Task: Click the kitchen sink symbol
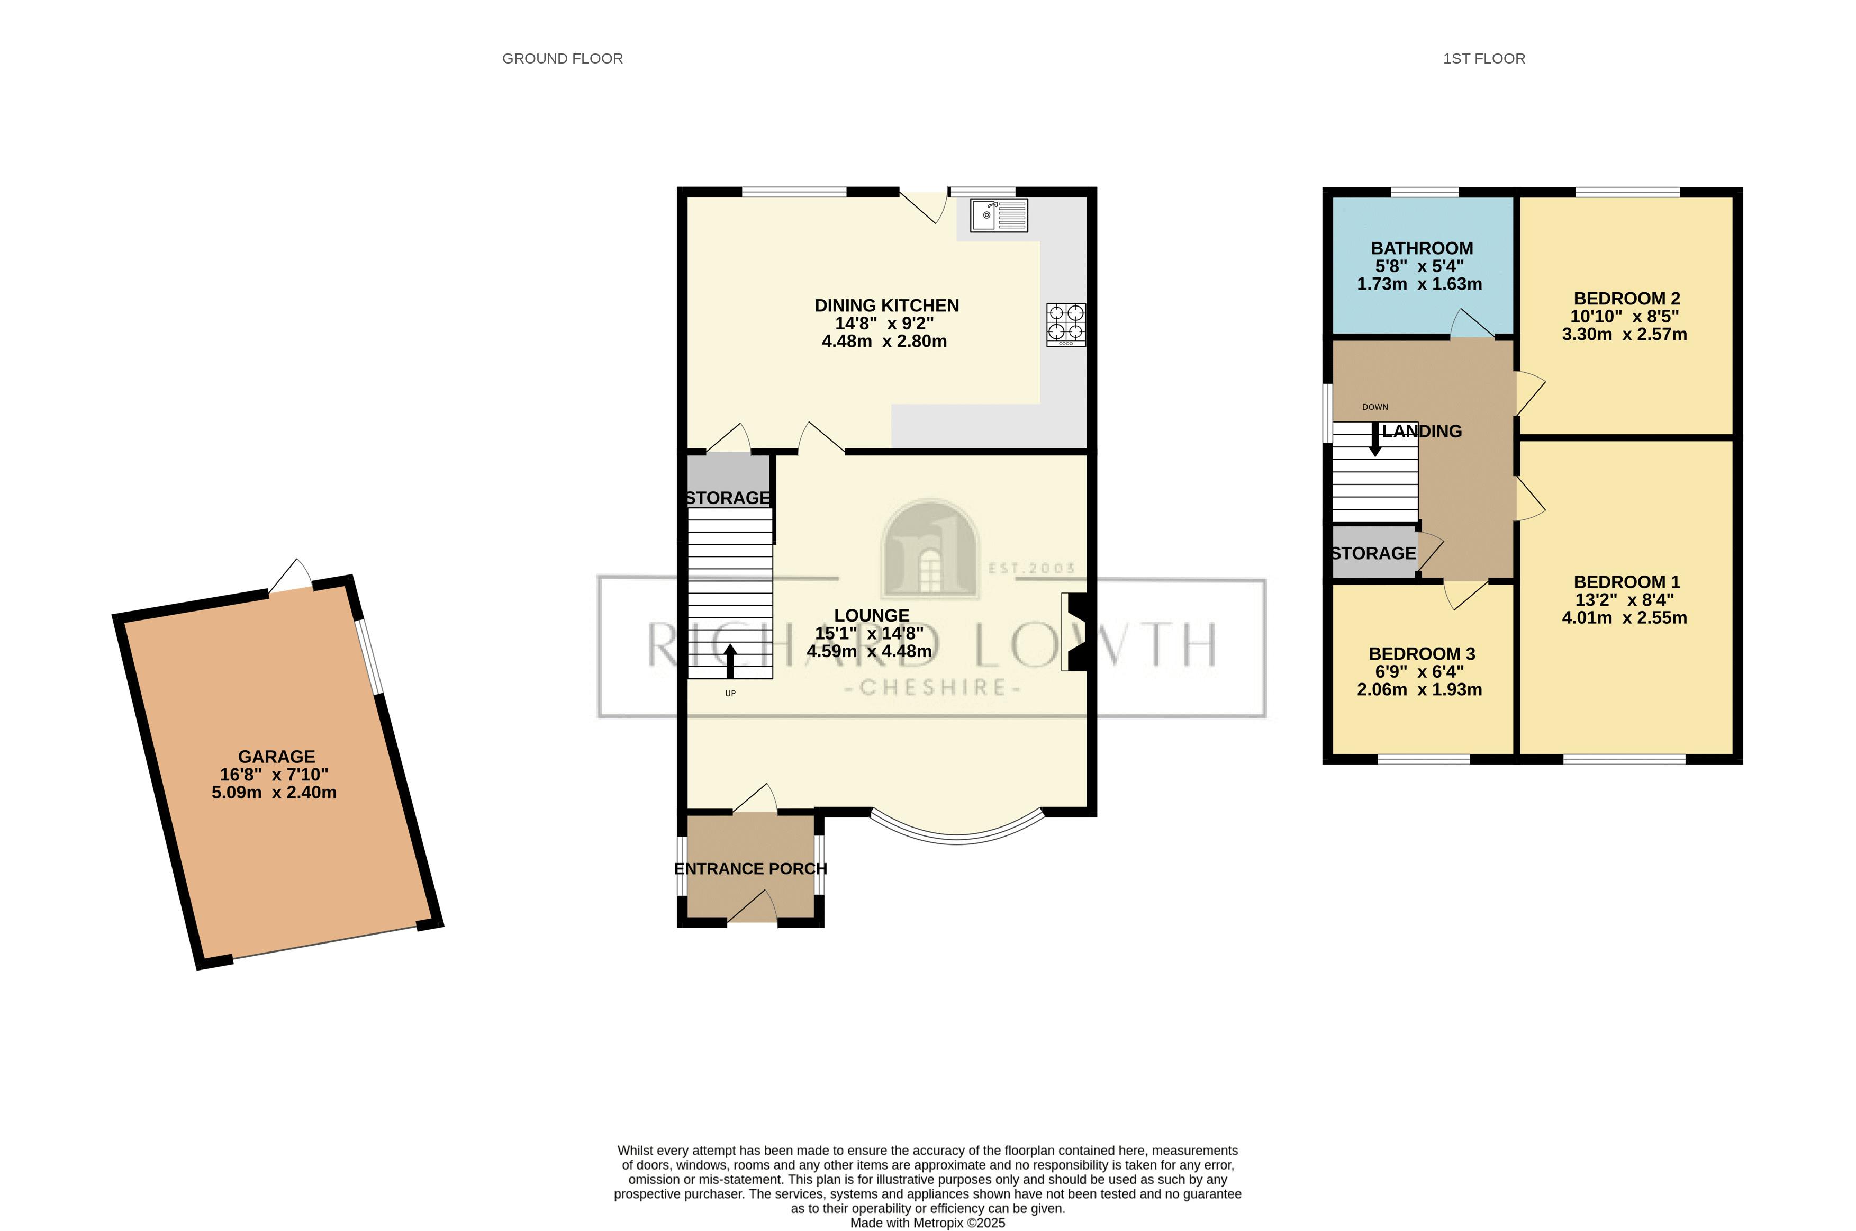998,215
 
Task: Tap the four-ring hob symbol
1066,324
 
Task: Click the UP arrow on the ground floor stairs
730,661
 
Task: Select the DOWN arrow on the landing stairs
1375,439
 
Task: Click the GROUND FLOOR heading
562,59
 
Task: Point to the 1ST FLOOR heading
1483,59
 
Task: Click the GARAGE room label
276,757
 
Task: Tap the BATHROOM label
1421,248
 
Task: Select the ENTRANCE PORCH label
750,869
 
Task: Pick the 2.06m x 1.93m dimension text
1419,690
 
